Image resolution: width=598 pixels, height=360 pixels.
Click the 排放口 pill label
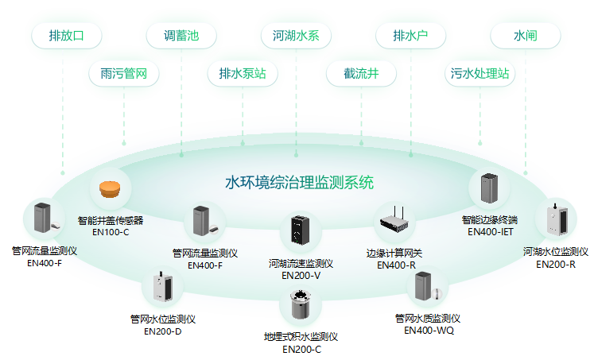(65, 36)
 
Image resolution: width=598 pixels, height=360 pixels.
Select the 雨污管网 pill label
(123, 74)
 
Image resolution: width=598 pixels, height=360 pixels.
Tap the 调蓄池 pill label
(181, 36)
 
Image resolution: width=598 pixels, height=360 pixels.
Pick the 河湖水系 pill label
(296, 36)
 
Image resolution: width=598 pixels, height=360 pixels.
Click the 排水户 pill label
(410, 36)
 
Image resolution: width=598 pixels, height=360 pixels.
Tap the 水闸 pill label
(526, 36)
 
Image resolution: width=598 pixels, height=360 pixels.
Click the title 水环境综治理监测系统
(299, 183)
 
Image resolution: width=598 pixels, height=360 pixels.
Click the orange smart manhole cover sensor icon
(110, 189)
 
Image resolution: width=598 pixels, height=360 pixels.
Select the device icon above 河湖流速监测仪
(301, 231)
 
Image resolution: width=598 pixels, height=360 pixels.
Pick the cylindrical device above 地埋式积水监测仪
(301, 307)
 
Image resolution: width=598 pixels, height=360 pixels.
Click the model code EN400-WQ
(429, 330)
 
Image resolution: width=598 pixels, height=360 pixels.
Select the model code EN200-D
(163, 331)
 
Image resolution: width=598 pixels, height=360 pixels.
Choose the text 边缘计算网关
(394, 254)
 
